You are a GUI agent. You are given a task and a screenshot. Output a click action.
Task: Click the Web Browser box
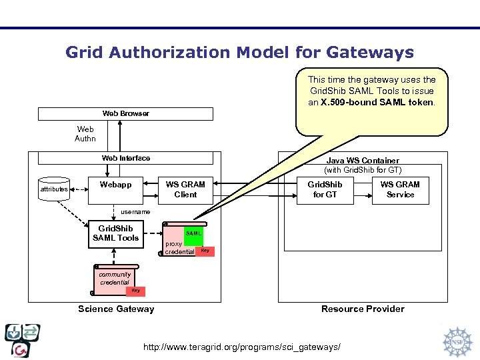tap(125, 113)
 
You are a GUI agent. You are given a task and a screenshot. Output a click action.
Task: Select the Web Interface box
tap(125, 158)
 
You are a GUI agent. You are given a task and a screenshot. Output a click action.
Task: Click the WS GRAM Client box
tap(185, 189)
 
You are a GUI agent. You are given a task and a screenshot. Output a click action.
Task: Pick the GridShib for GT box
tap(325, 189)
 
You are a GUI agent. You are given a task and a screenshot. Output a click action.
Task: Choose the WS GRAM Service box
tap(400, 189)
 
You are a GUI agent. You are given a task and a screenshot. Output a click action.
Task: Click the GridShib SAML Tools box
tap(115, 233)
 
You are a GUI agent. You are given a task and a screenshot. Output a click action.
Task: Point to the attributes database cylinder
tap(53, 189)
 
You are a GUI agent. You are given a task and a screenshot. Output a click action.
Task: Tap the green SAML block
tap(193, 234)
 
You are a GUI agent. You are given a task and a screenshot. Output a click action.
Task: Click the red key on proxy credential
tap(205, 251)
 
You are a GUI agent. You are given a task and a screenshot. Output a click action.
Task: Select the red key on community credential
tap(135, 291)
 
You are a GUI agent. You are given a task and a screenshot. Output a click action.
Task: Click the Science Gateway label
tap(116, 309)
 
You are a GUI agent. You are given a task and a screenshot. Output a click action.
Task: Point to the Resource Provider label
tap(363, 309)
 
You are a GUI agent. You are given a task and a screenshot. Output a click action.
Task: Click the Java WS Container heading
tap(363, 161)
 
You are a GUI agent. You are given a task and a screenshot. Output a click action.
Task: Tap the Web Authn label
tap(85, 134)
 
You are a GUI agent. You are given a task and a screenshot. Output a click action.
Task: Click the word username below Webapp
tap(135, 212)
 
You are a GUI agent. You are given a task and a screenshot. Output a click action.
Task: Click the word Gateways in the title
tap(370, 52)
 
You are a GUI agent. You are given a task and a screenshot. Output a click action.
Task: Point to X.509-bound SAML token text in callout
tap(377, 103)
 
